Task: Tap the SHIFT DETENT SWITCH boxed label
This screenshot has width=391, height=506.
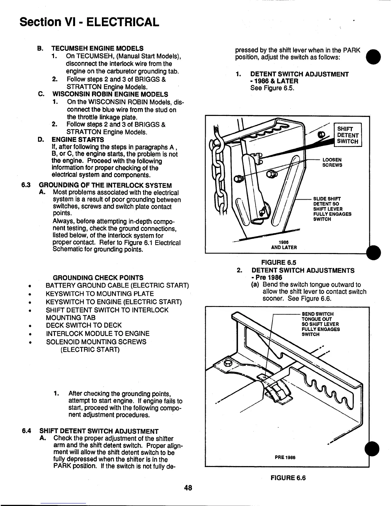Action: tap(348, 135)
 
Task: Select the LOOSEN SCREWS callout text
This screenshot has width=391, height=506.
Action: tap(332, 162)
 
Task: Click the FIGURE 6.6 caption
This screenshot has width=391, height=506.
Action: tap(288, 478)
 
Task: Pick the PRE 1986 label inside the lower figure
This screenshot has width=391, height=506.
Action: tap(285, 457)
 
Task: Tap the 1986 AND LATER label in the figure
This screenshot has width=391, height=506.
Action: tap(284, 245)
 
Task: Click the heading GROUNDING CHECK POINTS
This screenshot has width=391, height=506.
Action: tap(98, 278)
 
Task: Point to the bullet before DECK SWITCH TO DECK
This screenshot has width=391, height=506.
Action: tap(29, 326)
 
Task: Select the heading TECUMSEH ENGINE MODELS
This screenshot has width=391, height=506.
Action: tap(97, 49)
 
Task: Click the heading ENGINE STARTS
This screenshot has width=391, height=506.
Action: tap(78, 140)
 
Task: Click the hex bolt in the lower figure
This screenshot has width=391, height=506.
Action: tap(229, 363)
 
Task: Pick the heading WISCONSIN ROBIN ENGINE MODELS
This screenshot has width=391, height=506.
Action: tap(110, 94)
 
